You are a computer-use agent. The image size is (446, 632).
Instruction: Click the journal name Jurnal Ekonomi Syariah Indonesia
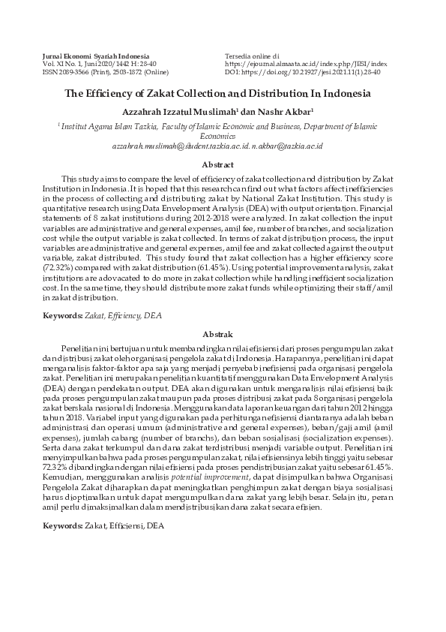95,56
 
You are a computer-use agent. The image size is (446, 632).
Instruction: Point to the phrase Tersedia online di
252,56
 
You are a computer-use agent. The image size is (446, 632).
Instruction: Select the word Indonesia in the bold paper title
346,95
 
